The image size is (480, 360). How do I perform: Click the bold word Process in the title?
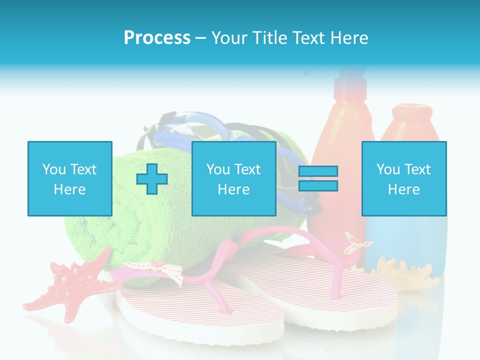click(157, 38)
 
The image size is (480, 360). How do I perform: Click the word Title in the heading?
click(270, 38)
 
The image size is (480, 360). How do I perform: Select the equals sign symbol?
click(318, 178)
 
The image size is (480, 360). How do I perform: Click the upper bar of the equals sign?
click(318, 171)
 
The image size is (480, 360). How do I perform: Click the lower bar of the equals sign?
click(318, 185)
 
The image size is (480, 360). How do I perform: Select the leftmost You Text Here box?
click(69, 179)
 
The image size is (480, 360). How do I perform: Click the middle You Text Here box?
click(233, 179)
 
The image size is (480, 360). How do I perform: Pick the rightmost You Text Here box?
click(403, 179)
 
